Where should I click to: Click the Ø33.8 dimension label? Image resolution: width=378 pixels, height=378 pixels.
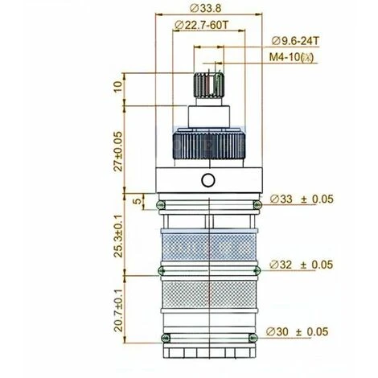click(x=206, y=8)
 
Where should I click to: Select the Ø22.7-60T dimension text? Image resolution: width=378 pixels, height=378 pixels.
click(x=202, y=25)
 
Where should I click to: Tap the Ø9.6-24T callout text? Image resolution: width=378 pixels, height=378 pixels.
click(x=295, y=41)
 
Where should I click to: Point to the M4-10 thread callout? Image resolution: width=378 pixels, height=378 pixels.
click(x=291, y=57)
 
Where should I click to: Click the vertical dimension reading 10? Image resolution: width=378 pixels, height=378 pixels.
click(x=117, y=87)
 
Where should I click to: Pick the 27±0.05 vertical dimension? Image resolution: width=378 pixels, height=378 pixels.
click(x=118, y=151)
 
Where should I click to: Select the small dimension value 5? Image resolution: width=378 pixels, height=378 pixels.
click(x=137, y=201)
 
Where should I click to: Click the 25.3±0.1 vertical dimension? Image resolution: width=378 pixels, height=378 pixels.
click(x=118, y=236)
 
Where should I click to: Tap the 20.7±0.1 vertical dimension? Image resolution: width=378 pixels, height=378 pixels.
click(x=118, y=310)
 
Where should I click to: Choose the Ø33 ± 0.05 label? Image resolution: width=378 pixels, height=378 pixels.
click(x=302, y=199)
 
